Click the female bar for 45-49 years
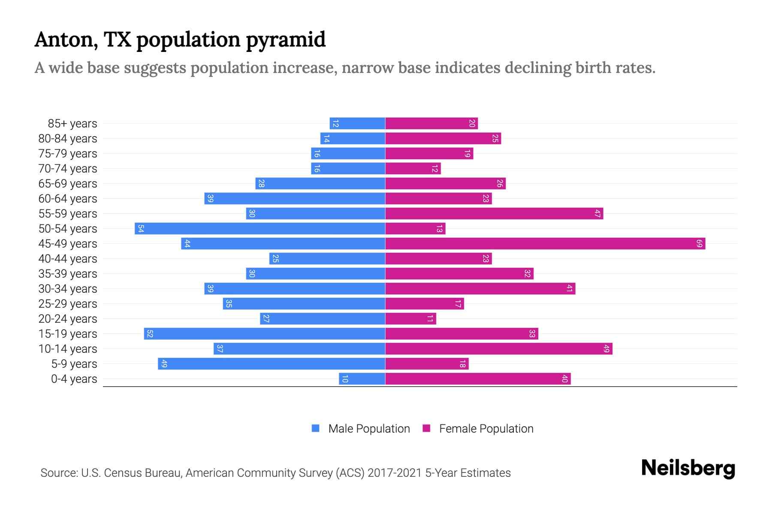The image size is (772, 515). [545, 244]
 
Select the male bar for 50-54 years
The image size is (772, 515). [260, 229]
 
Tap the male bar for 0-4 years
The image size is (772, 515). [362, 379]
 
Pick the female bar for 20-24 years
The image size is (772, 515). [410, 319]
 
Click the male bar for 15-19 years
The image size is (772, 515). [265, 334]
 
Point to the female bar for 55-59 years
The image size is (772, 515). [494, 214]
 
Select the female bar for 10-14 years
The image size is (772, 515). [498, 349]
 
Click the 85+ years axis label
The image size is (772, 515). [72, 124]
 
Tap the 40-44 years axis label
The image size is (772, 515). [68, 259]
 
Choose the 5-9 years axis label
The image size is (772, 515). [74, 364]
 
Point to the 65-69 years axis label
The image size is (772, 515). [68, 184]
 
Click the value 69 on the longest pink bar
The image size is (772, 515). [699, 244]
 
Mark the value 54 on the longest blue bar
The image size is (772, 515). [141, 229]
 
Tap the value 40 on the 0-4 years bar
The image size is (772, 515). [564, 379]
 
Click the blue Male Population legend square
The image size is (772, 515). [316, 428]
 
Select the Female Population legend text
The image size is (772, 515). [486, 429]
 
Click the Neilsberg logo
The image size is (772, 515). [688, 468]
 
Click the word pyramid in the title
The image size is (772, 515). [286, 40]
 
